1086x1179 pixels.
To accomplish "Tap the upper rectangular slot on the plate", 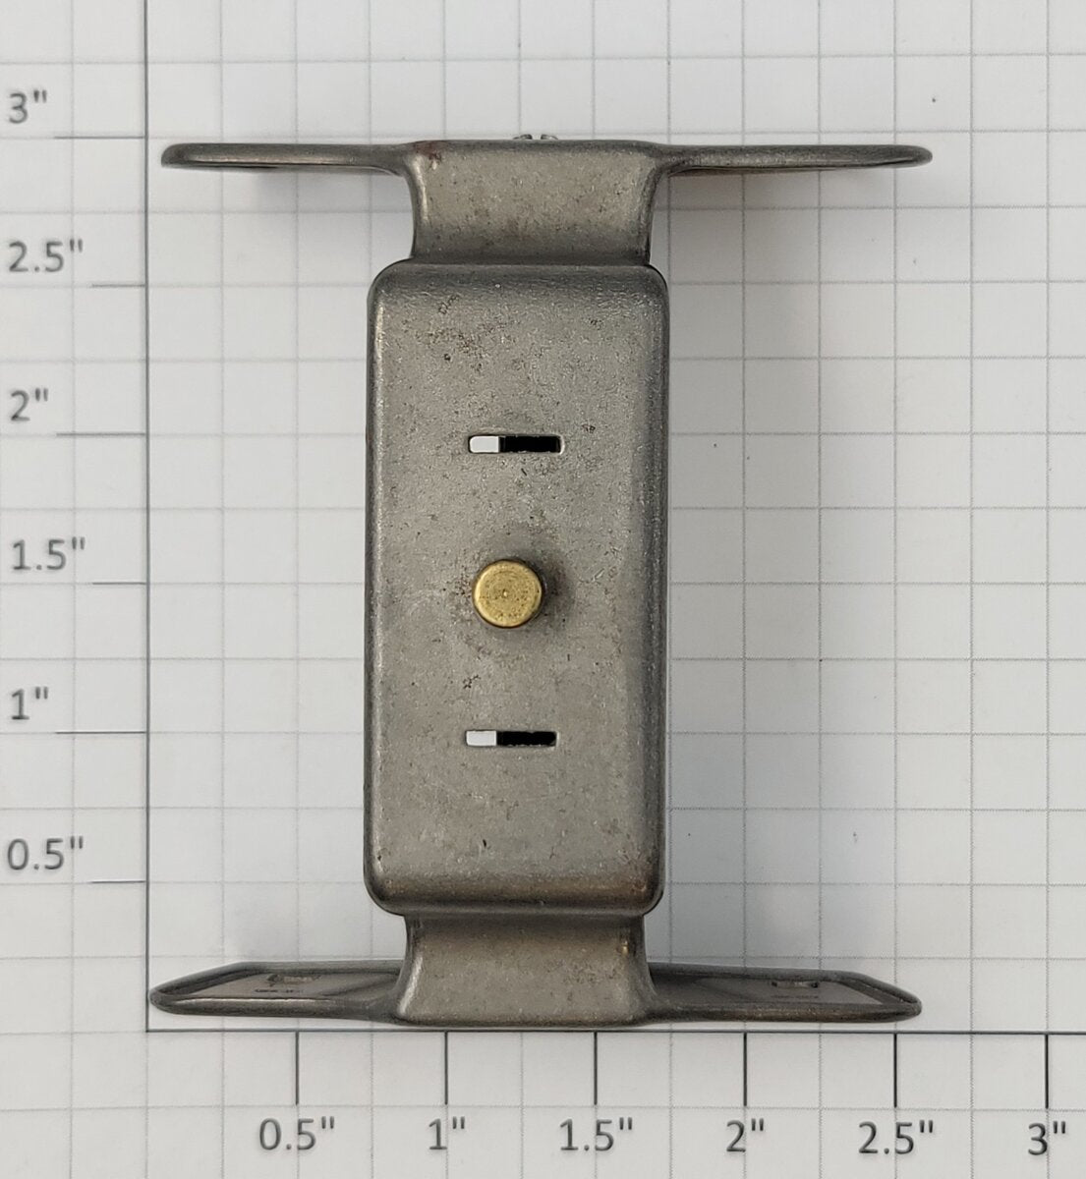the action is (x=515, y=445).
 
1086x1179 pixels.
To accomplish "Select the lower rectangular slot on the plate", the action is (x=511, y=738).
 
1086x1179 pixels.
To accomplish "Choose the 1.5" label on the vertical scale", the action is (x=47, y=555).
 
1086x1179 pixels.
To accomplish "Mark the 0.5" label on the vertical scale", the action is (x=44, y=854).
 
